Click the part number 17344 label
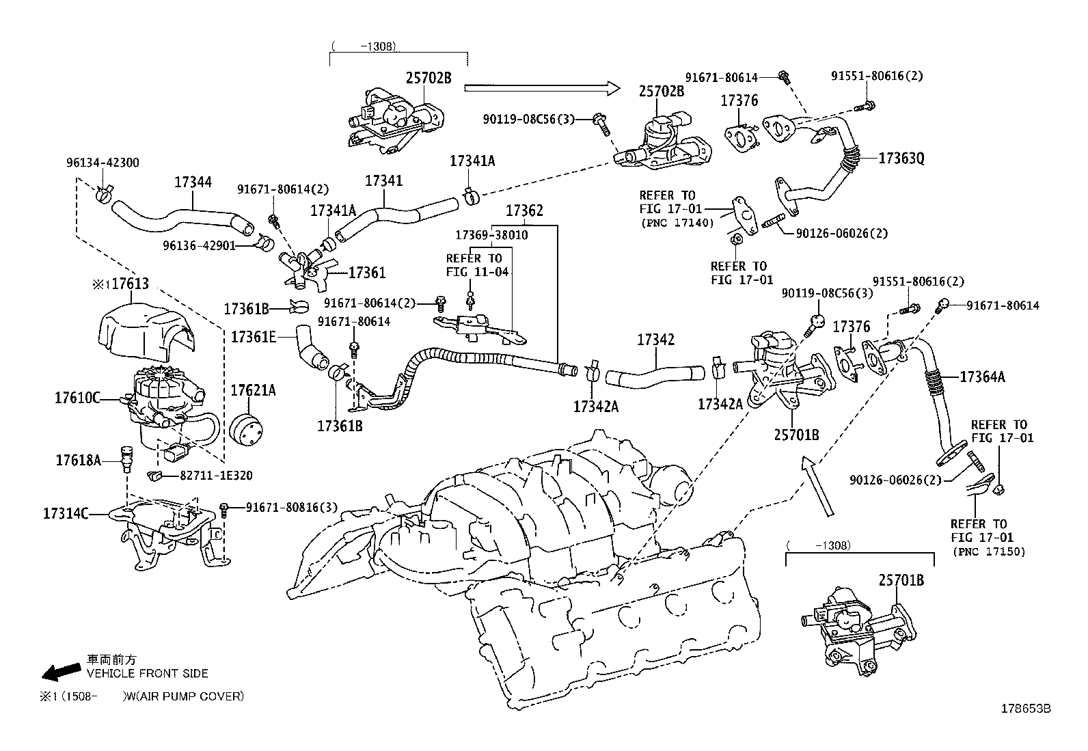193,182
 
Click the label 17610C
77,397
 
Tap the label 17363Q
901,159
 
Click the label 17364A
982,377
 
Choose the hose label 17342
656,340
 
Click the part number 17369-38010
491,235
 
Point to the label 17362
524,210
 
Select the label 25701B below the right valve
796,434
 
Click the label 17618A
78,461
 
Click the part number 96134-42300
103,163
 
